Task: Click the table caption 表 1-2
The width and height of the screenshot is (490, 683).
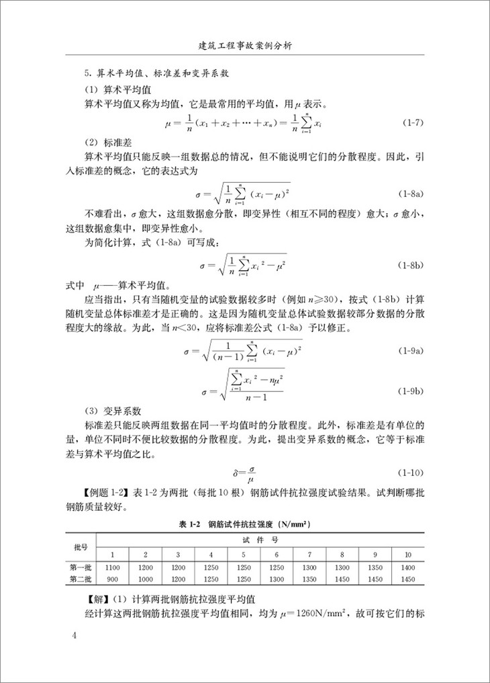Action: click(x=244, y=523)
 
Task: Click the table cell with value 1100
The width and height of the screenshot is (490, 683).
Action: click(x=113, y=568)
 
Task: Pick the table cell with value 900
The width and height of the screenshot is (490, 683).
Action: click(x=113, y=579)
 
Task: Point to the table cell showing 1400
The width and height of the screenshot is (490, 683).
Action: click(x=407, y=568)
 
